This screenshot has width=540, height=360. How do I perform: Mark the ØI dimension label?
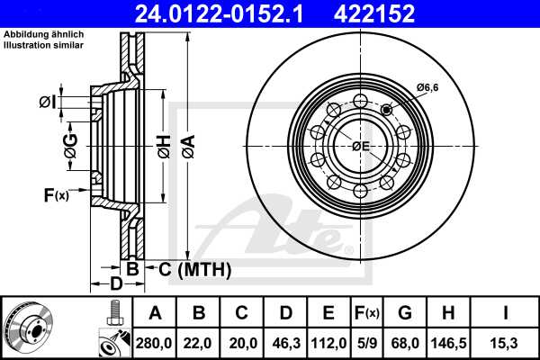click(x=48, y=103)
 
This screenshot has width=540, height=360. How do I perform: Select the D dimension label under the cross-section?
click(x=116, y=285)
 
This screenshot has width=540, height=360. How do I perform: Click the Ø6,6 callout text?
click(x=427, y=86)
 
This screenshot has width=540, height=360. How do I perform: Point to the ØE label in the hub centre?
click(x=360, y=146)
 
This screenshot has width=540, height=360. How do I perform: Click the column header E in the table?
click(x=328, y=313)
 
